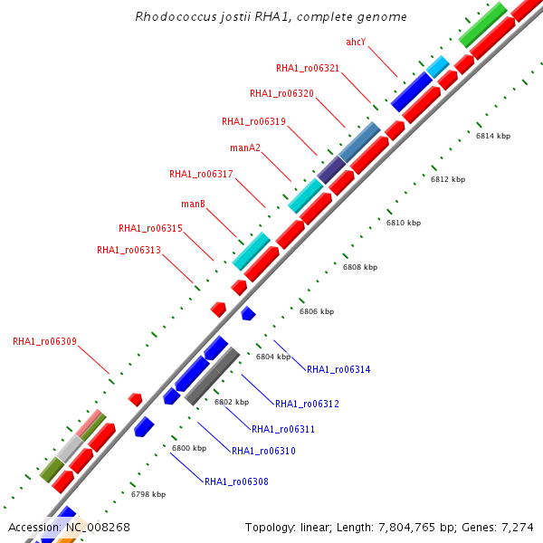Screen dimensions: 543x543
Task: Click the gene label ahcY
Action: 356,43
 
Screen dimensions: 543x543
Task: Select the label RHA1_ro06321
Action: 308,68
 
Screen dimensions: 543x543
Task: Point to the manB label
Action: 193,204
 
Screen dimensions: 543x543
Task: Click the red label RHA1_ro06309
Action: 44,342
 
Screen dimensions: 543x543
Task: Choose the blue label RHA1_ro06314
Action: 338,369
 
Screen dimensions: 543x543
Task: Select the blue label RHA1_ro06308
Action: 236,481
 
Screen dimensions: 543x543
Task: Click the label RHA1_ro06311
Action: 283,429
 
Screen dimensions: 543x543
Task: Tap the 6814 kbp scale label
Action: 493,136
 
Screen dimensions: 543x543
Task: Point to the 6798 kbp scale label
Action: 148,494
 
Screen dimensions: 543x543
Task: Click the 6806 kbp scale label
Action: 317,311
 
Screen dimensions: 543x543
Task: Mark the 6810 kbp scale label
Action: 404,223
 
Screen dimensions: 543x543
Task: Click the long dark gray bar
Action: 212,376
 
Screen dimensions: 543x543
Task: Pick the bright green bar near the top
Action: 482,25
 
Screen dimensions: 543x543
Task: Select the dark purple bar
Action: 330,168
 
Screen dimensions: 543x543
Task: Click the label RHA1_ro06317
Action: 201,174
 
